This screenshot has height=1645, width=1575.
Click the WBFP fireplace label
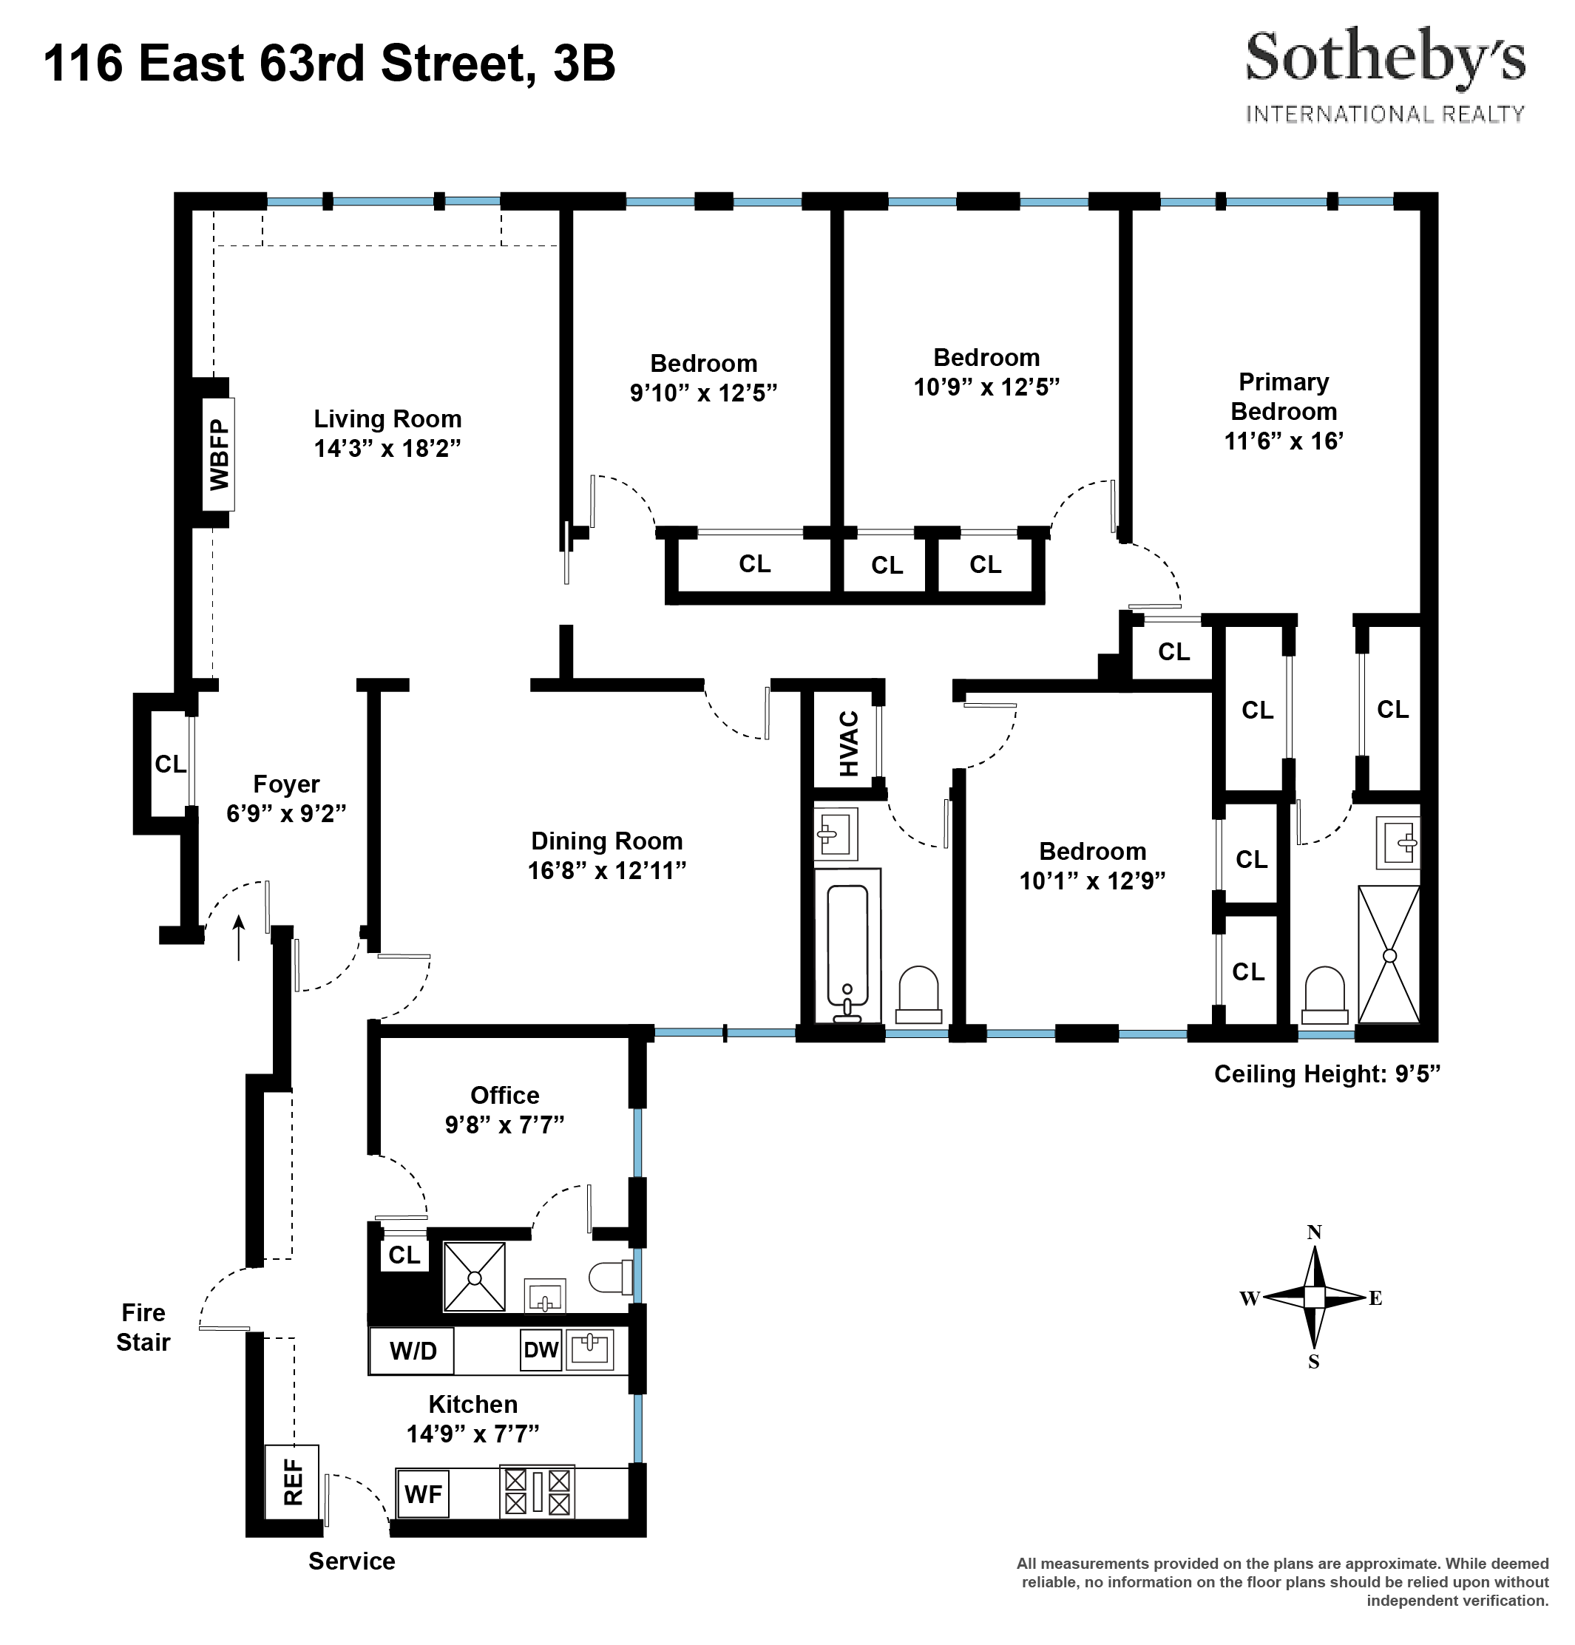[219, 455]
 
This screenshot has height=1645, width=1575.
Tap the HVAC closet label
[849, 744]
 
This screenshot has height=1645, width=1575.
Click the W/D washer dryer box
[412, 1351]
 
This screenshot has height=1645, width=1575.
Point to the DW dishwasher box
[541, 1349]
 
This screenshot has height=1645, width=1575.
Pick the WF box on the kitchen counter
[423, 1494]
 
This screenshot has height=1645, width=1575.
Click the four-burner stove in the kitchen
[538, 1491]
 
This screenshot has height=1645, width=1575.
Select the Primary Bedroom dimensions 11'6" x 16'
[1284, 441]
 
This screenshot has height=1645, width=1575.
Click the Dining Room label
[606, 841]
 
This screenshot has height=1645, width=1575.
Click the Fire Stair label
[143, 1327]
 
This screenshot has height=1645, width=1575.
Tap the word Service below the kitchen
[351, 1561]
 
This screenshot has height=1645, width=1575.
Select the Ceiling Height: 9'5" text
[1327, 1074]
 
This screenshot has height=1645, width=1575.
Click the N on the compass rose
[1314, 1232]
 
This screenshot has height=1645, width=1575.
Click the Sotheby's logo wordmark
[1384, 58]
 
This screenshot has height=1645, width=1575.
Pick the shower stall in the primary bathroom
[1389, 954]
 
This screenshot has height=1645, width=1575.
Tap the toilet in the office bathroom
[612, 1278]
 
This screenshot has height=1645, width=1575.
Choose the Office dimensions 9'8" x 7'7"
[504, 1125]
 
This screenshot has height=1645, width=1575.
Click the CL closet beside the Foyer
[169, 764]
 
